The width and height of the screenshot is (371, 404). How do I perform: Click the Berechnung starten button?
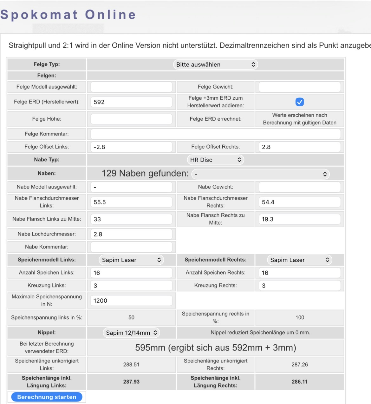pyautogui.click(x=47, y=397)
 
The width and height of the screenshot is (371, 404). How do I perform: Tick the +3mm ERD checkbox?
pyautogui.click(x=300, y=102)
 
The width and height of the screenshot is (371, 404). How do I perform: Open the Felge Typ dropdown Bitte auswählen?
pyautogui.click(x=215, y=64)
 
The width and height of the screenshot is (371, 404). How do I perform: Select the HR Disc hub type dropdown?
pyautogui.click(x=215, y=160)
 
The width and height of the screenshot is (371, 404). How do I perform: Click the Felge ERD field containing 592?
pyautogui.click(x=131, y=102)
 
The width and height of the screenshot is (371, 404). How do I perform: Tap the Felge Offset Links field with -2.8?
pyautogui.click(x=131, y=147)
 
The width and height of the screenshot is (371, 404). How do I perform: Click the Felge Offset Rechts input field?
pyautogui.click(x=300, y=147)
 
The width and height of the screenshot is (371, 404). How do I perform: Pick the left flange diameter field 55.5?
pyautogui.click(x=131, y=202)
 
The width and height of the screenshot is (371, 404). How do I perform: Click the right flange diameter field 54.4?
pyautogui.click(x=300, y=202)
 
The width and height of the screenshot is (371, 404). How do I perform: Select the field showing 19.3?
pyautogui.click(x=300, y=219)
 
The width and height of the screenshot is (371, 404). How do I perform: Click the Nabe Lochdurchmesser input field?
pyautogui.click(x=131, y=234)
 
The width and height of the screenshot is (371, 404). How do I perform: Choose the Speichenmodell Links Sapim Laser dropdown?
pyautogui.click(x=131, y=260)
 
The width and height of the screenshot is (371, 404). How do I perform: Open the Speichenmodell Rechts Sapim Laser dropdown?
pyautogui.click(x=300, y=260)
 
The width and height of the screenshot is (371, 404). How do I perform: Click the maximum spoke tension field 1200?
pyautogui.click(x=131, y=301)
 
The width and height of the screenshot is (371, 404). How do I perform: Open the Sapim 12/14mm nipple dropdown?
pyautogui.click(x=131, y=333)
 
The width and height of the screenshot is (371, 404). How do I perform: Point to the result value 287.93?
pyautogui.click(x=131, y=382)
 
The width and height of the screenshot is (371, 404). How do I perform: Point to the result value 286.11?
pyautogui.click(x=300, y=382)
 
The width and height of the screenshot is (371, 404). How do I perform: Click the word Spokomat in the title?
pyautogui.click(x=39, y=15)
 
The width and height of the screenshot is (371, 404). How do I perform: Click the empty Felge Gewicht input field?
pyautogui.click(x=300, y=87)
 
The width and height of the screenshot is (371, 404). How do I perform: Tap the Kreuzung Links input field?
pyautogui.click(x=131, y=286)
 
